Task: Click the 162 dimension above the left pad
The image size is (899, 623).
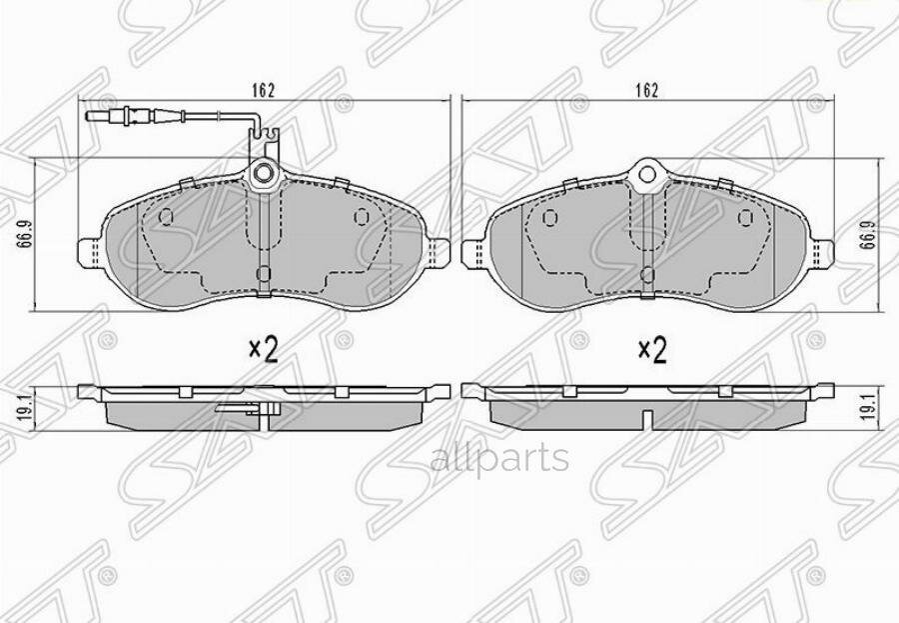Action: [x=263, y=90]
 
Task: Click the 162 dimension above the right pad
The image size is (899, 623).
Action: [x=648, y=90]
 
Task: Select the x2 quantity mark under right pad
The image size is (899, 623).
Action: [x=651, y=349]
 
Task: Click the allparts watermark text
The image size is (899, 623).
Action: [x=499, y=459]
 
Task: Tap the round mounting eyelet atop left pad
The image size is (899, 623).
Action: [x=265, y=175]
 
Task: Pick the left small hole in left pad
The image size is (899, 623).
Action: [x=167, y=217]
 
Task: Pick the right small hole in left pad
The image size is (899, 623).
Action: [x=362, y=217]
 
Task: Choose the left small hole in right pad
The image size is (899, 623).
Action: [x=548, y=218]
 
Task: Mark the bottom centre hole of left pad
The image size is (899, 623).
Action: [x=263, y=273]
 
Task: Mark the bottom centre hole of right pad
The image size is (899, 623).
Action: [x=648, y=274]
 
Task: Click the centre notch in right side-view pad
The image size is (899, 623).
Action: [x=648, y=417]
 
